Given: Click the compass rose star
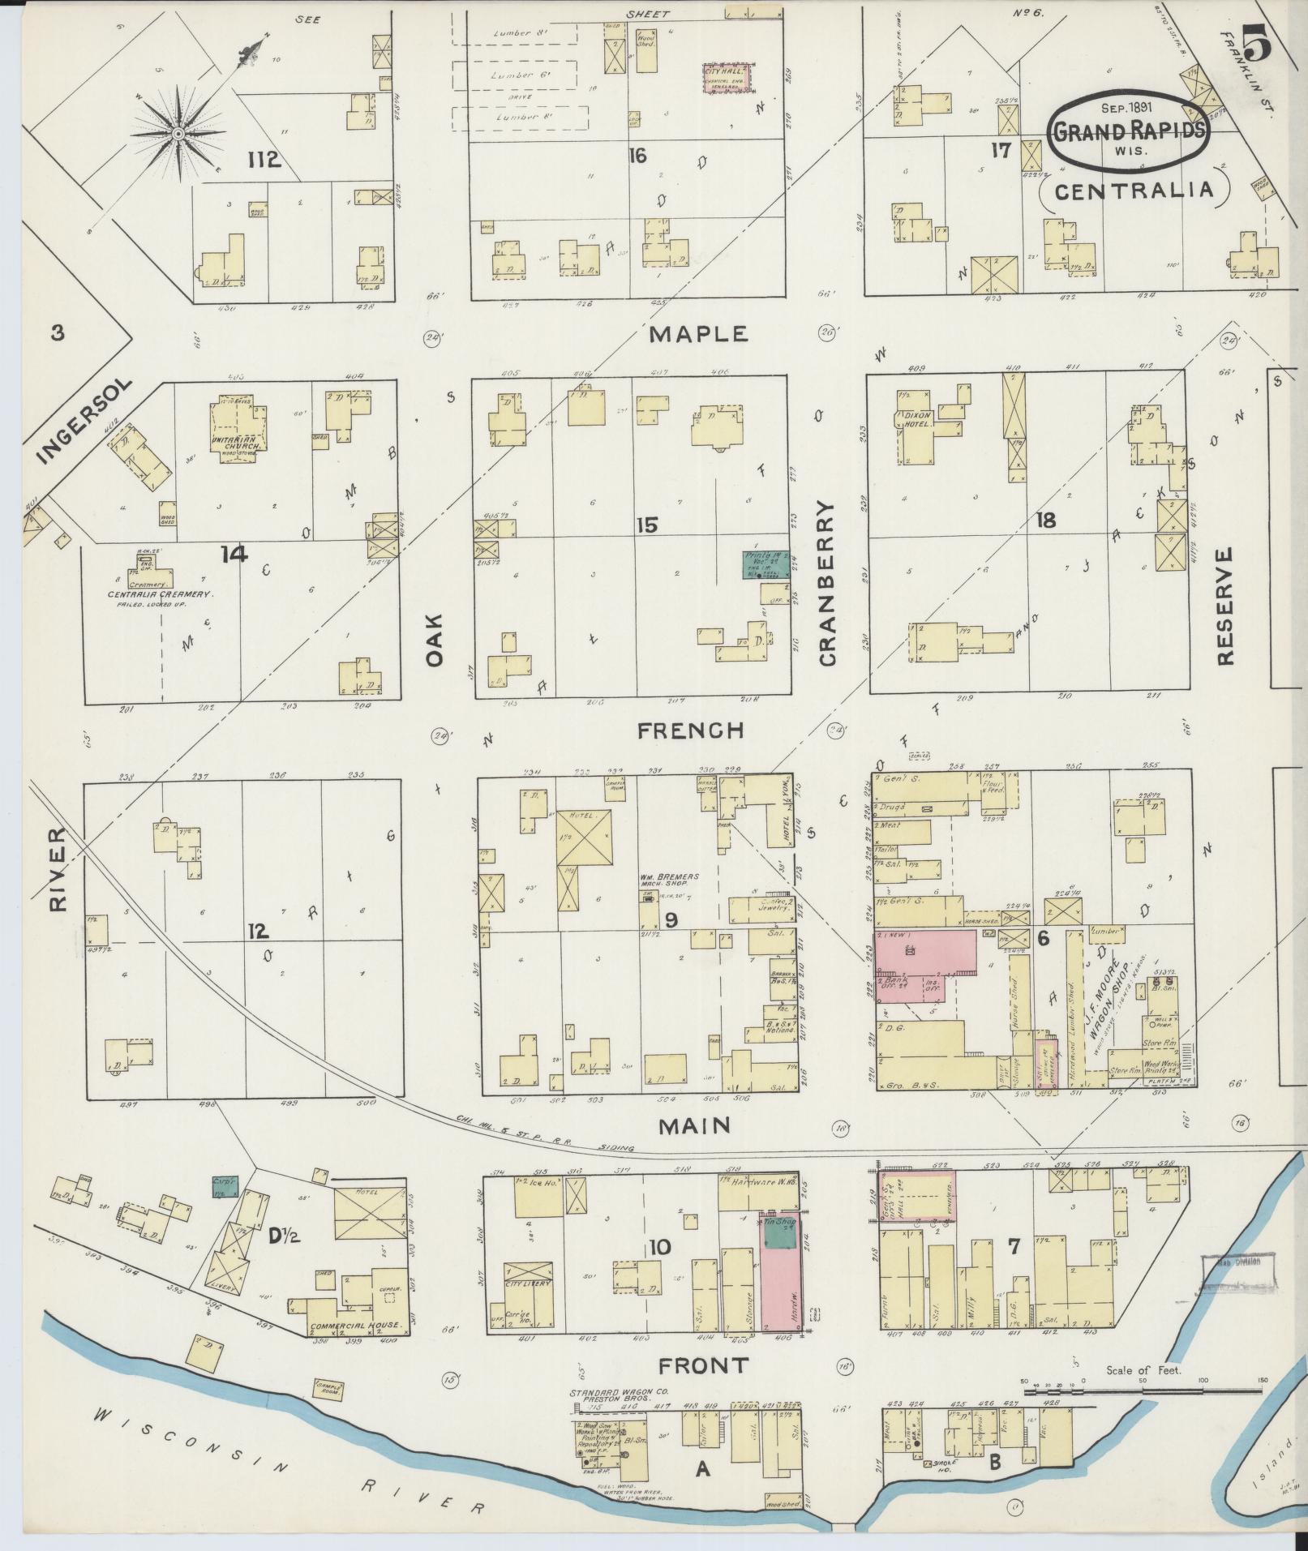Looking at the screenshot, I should (177, 132).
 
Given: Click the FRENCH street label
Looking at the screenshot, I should (690, 731).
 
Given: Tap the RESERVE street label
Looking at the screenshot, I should (1225, 606).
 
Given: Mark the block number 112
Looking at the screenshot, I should (264, 160).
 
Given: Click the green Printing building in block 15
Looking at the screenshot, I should (766, 564).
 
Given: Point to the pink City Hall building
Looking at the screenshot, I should (724, 79).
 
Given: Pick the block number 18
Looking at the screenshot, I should (1046, 521).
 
